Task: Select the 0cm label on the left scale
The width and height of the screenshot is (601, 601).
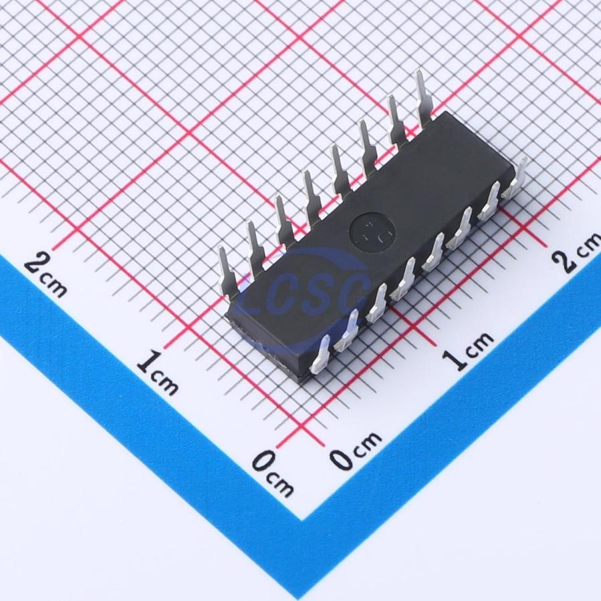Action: (273, 473)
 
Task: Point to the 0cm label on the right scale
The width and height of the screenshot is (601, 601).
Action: (356, 449)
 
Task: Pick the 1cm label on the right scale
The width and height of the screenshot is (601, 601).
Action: (467, 349)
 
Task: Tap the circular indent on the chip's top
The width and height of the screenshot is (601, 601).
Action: (372, 232)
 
